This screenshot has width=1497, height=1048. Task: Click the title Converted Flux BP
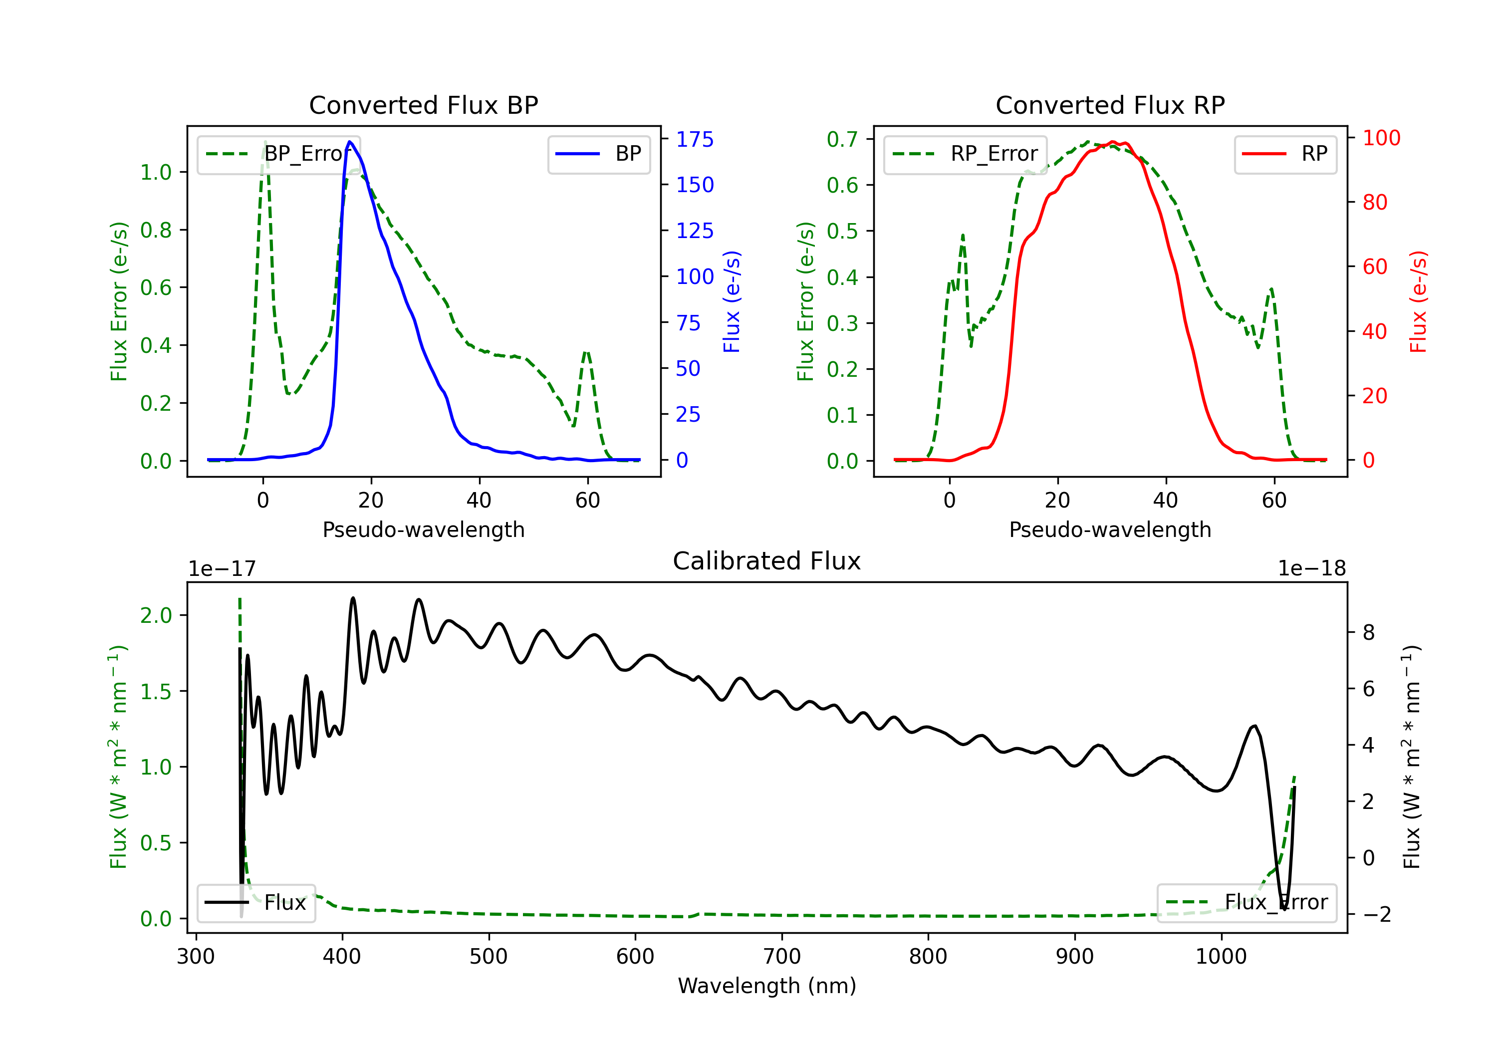coord(423,105)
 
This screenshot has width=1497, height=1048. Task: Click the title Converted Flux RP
coord(1110,105)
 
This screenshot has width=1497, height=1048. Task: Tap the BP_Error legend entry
coord(279,154)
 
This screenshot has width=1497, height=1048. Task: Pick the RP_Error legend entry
coord(966,154)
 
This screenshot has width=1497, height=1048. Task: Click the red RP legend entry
coord(1286,154)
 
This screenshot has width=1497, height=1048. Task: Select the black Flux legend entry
coord(256,903)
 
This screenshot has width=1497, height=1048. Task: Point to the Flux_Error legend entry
coord(1247,903)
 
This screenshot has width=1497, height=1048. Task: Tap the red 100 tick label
coord(1381,138)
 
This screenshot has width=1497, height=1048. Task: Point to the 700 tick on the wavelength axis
coord(782,956)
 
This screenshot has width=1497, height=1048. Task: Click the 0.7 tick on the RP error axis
coord(842,139)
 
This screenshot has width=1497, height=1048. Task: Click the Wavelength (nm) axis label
coord(767,986)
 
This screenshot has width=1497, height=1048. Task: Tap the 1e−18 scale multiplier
coord(1311,569)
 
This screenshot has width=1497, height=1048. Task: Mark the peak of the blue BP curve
coord(350,142)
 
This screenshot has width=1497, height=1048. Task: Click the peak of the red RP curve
coord(1113,142)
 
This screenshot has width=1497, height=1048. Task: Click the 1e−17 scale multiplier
coord(223,569)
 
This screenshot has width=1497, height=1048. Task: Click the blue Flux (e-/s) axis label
coord(732,302)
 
